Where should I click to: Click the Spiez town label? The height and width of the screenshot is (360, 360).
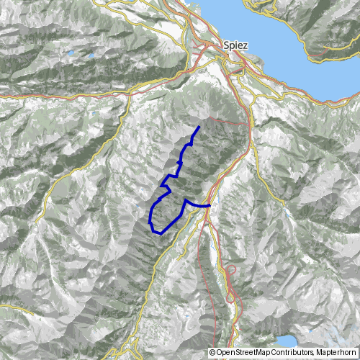[236, 45]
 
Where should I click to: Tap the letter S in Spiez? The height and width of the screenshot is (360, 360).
[227, 45]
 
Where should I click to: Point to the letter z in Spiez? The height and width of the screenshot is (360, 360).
[246, 45]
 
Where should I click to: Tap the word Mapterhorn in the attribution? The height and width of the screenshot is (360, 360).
[336, 353]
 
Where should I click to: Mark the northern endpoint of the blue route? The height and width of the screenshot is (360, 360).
[199, 127]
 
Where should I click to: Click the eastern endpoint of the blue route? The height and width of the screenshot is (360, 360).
[210, 205]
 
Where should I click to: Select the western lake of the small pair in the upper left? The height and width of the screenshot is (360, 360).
[71, 54]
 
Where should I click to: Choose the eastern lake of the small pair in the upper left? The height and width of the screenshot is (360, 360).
[92, 54]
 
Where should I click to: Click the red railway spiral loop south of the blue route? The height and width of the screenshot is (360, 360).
[232, 271]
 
